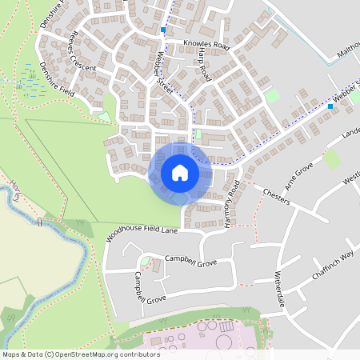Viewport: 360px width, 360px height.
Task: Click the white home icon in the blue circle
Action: coord(180,173)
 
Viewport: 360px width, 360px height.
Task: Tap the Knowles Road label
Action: coord(206,46)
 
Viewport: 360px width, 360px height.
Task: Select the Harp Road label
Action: coord(204,62)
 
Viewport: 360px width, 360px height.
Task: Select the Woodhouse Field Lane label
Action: coord(141,234)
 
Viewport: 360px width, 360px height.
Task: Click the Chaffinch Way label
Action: coord(332,266)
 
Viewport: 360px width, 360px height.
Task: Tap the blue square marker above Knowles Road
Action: coord(163,30)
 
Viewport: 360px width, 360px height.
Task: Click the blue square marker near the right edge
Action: coord(330,106)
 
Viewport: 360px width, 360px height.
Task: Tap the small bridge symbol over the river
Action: coord(39,221)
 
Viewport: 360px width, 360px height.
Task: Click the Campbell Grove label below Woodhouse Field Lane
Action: coord(190,261)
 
